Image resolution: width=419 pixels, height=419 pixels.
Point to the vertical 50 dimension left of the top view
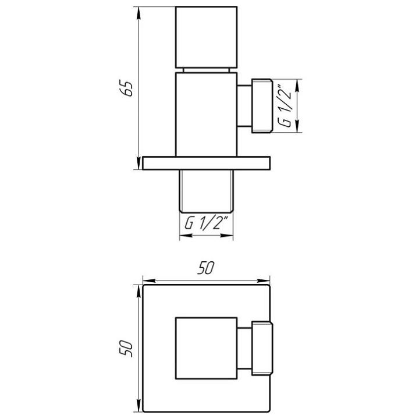[129, 349]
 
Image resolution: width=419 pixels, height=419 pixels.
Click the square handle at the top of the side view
[207, 37]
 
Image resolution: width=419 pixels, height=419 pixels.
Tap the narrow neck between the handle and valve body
[207, 70]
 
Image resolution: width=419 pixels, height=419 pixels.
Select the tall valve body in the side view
[207, 114]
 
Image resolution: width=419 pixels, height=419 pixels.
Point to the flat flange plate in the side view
[207, 163]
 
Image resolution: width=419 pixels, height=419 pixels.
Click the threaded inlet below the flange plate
[207, 191]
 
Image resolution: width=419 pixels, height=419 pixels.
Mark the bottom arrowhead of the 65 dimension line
[139, 165]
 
